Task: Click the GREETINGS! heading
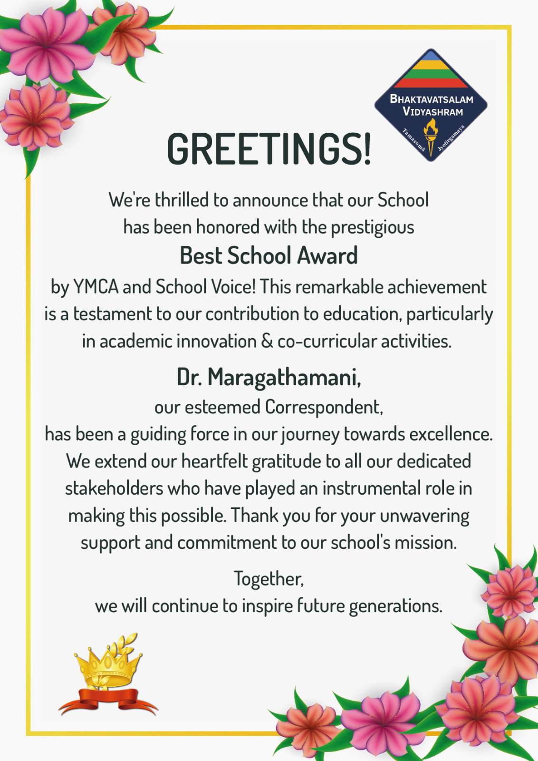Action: tap(269, 149)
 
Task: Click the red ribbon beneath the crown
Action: tap(108, 701)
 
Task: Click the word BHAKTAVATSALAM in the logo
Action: tap(431, 99)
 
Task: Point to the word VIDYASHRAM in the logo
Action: tap(432, 112)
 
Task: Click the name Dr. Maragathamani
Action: tap(269, 377)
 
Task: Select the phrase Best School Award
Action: tap(269, 255)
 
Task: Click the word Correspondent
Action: tap(324, 407)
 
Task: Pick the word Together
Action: tap(268, 579)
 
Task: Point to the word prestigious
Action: tap(372, 227)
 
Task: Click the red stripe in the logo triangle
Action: tap(431, 83)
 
